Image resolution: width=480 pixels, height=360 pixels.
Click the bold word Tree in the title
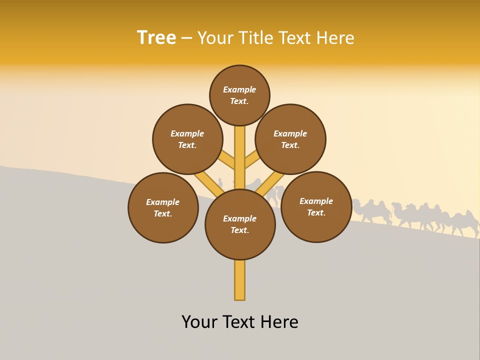click(156, 37)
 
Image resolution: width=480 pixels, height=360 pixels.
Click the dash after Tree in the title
click(186, 38)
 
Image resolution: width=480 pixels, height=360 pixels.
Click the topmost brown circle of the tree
click(239, 95)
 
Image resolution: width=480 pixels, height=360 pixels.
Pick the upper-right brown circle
click(290, 139)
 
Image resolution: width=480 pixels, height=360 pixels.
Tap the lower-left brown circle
click(163, 207)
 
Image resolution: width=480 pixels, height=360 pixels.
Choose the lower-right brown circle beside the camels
click(316, 206)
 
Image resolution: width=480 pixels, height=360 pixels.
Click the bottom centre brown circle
click(240, 224)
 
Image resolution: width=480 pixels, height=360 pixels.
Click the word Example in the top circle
click(239, 89)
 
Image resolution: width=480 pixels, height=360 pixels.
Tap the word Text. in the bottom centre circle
click(239, 230)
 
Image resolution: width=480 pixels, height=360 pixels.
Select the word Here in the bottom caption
click(279, 322)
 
